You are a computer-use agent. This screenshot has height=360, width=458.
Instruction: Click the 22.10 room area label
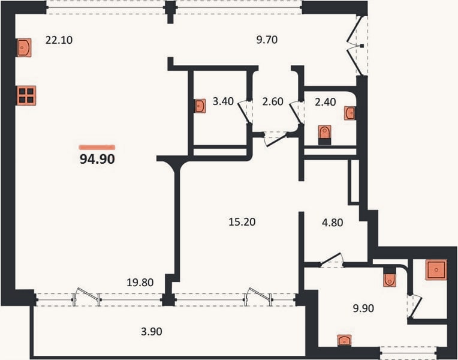pos(59,40)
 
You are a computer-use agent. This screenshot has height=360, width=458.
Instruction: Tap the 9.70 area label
pos(267,40)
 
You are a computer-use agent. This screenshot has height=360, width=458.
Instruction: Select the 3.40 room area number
pos(223,101)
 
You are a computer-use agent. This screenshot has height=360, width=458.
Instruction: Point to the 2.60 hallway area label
pos(273,101)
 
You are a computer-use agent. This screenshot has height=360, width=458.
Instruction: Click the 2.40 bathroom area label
pos(326,102)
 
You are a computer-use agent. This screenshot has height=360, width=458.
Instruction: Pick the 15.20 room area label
pos(242,222)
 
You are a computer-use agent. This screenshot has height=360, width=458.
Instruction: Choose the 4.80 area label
pos(332,223)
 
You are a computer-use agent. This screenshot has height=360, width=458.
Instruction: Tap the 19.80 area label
pos(140,283)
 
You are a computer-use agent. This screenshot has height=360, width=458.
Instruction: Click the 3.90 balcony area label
pos(152,332)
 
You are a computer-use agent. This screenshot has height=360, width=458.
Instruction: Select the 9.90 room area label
pos(363,308)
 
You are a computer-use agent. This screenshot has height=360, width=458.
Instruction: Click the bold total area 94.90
pos(97,159)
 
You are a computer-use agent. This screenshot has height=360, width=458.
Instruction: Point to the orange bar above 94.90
pos(97,148)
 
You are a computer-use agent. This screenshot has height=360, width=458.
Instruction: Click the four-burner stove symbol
pos(26,95)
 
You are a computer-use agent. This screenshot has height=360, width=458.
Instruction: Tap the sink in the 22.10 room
pos(24,47)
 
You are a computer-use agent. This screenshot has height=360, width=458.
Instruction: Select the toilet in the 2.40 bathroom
pos(324,135)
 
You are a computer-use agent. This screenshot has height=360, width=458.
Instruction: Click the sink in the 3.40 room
pos(200,106)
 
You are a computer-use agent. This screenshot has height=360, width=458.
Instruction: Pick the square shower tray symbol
pos(436,269)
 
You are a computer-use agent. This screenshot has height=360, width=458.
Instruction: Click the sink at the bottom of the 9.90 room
pos(345,340)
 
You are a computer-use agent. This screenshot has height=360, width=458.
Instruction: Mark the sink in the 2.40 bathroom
pos(349,113)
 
